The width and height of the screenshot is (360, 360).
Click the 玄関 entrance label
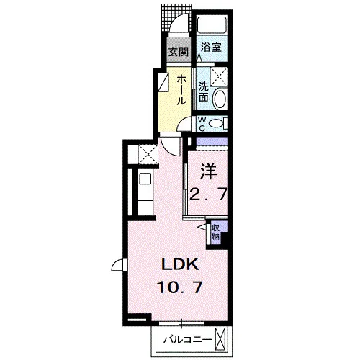pos(179,51)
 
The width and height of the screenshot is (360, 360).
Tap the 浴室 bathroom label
pos(211,48)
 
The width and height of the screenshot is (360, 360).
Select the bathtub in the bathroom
pos(211,24)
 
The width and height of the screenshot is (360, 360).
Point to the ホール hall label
pos(181,90)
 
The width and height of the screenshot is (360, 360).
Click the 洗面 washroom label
pos(204,92)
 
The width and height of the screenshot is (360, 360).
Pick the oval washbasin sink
pos(220,99)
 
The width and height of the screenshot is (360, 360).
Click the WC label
pos(202,124)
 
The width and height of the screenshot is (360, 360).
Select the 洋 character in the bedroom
pos(209,171)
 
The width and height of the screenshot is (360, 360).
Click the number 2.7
pos(208,194)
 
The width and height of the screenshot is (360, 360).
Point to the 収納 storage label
pos(216,232)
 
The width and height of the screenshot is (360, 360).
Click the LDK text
pos(180,265)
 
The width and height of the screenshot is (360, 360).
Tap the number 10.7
pos(179,287)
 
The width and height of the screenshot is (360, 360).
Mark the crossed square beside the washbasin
pos(219,76)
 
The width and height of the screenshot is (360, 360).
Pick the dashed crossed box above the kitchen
pos(148,154)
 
